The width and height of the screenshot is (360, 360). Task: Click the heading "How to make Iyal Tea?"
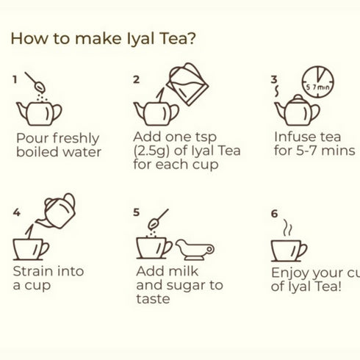coord(103,38)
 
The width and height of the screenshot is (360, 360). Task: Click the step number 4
coord(16,213)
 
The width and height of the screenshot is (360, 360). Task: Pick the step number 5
coord(137,212)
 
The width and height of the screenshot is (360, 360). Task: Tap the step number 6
coord(274,214)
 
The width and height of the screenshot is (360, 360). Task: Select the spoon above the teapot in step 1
coord(35,82)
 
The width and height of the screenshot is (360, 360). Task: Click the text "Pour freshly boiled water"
coord(58,145)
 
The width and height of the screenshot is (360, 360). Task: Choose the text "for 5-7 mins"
coord(314,151)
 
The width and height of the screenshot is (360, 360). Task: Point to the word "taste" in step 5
coord(152,299)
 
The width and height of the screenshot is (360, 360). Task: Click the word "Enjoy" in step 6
coord(291,273)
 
